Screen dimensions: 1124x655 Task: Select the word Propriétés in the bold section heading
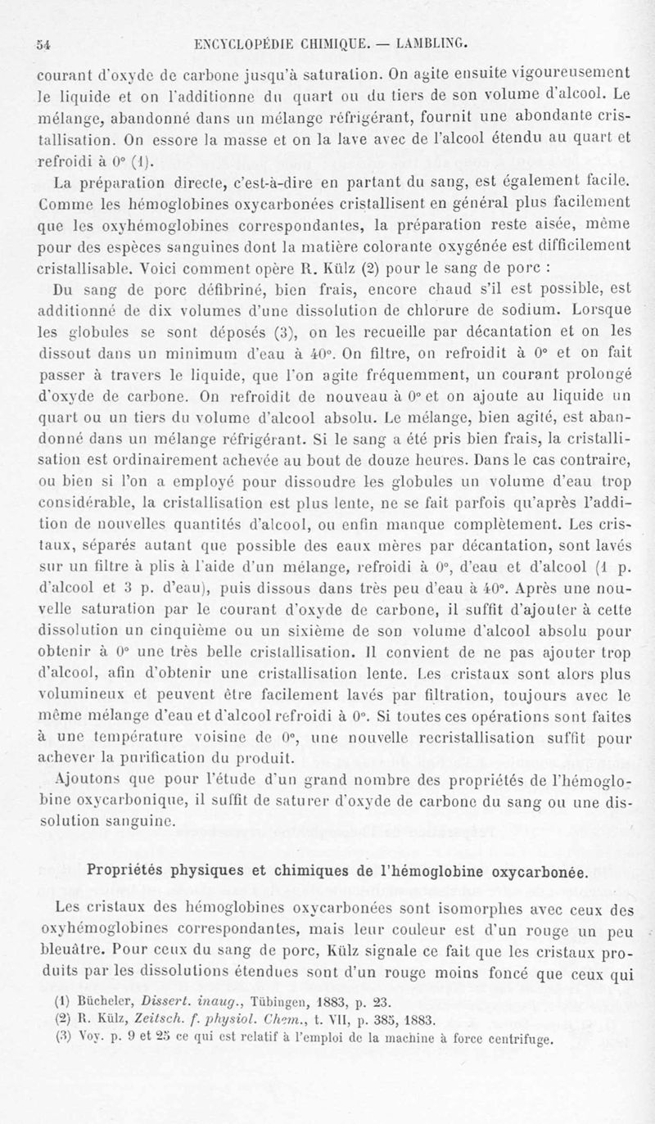146,870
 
